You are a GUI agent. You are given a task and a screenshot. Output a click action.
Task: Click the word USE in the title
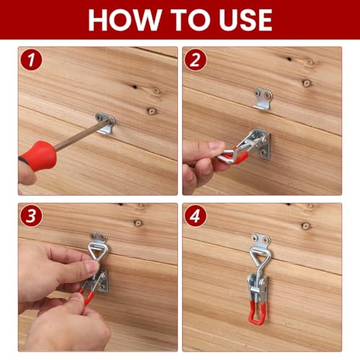(246, 20)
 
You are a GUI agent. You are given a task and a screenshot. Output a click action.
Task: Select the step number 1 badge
(32, 60)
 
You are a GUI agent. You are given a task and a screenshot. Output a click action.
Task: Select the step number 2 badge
(195, 60)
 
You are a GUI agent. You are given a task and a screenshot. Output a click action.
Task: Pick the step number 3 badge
(32, 216)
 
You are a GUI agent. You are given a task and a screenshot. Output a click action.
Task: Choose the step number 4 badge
(195, 216)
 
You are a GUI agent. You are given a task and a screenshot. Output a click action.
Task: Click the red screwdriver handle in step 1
(38, 156)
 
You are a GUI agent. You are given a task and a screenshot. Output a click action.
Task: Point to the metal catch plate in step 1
(105, 123)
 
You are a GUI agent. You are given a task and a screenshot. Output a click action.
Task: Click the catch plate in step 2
(264, 99)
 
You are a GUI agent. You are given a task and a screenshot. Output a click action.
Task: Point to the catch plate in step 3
(99, 238)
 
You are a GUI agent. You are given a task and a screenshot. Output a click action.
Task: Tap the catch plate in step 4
(261, 240)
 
